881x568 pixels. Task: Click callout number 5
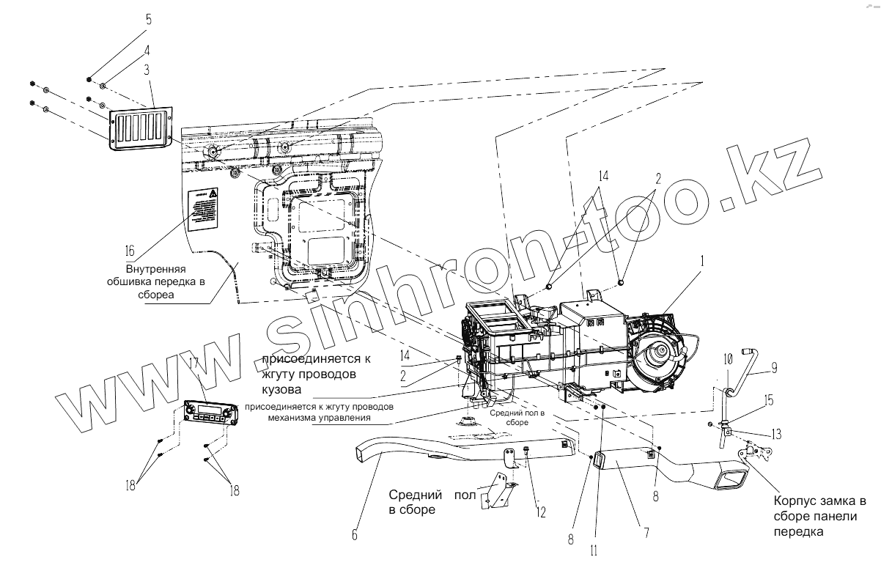[x=149, y=21]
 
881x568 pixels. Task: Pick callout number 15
[x=769, y=401]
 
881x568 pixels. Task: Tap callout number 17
[x=194, y=364]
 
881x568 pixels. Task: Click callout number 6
[x=355, y=536]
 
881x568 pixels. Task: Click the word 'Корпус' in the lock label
[x=793, y=503]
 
